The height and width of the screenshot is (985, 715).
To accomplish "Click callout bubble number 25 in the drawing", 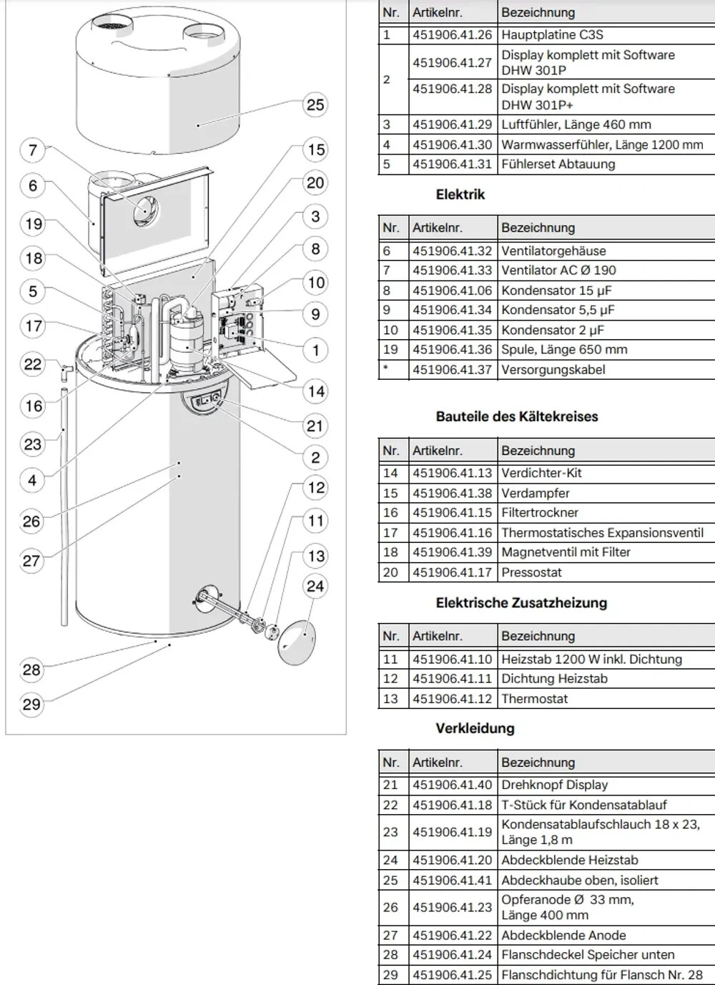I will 315,105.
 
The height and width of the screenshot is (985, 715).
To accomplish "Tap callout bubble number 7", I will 33,150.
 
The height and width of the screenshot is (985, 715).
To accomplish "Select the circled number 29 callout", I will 31,704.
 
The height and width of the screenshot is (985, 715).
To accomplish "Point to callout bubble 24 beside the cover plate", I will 315,587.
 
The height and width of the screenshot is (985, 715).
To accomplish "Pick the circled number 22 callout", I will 33,364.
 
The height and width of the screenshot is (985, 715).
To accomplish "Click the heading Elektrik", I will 460,195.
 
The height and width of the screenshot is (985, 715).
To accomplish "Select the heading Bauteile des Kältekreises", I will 516,416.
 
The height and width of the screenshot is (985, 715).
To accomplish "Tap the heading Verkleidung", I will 475,728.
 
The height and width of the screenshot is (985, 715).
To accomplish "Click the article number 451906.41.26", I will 452,34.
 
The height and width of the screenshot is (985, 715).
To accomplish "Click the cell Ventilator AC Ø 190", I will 558,270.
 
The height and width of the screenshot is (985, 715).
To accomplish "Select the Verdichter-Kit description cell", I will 541,473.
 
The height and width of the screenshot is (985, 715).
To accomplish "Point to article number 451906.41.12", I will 452,698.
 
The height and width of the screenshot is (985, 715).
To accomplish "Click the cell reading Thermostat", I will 534,698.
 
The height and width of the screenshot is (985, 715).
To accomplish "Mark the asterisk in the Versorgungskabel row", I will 386,369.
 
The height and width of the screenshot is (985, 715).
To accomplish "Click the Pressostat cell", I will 531,572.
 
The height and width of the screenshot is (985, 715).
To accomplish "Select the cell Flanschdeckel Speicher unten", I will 588,954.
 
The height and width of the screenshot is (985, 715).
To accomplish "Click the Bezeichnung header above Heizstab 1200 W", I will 538,636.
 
